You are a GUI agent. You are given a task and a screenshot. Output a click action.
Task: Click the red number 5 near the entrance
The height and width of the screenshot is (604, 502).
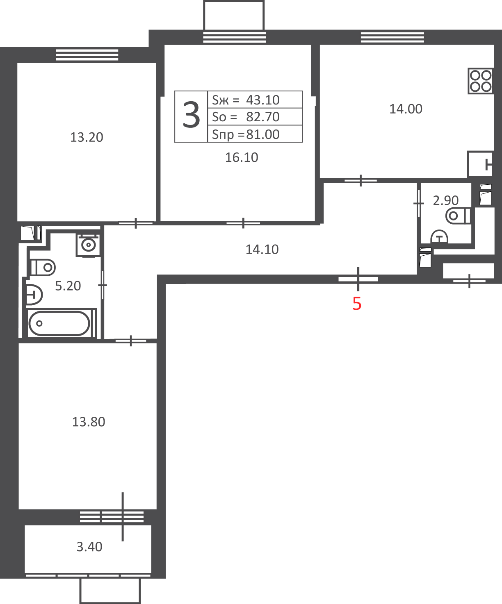pos(357,304)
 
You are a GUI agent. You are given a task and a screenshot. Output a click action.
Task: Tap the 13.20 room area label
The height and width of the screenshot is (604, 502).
pos(87,137)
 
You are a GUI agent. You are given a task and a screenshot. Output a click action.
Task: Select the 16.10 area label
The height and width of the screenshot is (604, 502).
pos(242,157)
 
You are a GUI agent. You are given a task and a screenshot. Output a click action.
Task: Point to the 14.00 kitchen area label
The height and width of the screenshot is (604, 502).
pos(406,109)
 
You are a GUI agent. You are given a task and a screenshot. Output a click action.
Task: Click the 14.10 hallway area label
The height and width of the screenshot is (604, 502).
pos(262,250)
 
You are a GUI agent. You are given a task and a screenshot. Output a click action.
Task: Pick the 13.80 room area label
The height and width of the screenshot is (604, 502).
pos(88,422)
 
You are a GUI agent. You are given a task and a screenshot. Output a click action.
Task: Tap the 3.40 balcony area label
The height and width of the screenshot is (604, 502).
pos(89,547)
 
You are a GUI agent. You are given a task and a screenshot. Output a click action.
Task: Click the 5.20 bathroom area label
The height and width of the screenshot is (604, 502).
pos(68,286)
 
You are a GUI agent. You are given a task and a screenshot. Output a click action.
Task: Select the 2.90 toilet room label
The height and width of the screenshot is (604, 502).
pos(445,200)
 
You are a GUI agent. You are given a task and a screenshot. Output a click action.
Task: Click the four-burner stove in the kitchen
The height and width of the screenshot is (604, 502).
pos(481,81)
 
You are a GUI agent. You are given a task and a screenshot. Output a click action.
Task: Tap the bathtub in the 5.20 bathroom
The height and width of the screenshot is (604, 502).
pos(59,323)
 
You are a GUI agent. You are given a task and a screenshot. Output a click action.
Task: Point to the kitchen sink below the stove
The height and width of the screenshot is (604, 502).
pos(480,164)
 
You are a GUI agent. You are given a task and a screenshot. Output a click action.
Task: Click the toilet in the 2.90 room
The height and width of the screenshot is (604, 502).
pos(458,216)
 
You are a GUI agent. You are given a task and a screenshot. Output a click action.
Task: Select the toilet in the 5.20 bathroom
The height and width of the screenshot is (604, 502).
pos(43,267)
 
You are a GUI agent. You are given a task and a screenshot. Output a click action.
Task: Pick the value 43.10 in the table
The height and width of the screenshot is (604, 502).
pos(262,100)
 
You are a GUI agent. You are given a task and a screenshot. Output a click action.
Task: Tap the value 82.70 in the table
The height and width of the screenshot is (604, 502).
pos(262,117)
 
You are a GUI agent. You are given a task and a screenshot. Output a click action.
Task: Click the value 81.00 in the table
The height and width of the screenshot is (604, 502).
pos(262,134)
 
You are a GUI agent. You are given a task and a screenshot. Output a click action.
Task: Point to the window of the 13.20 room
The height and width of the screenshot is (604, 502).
pos(87,55)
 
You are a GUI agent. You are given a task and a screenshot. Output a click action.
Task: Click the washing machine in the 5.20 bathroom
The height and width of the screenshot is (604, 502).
pos(88,245)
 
